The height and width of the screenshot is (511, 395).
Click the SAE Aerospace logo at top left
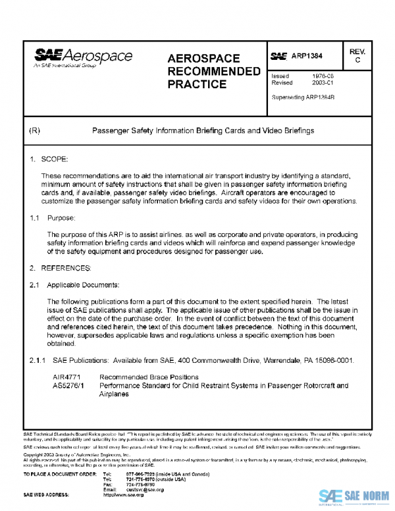coord(83,59)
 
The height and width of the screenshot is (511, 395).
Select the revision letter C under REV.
coord(357,61)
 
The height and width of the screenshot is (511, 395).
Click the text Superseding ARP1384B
coord(303,97)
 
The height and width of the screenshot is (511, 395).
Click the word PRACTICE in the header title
coord(197,84)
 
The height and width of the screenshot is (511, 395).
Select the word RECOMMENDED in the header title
coord(214,71)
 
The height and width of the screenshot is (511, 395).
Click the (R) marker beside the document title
coord(36,130)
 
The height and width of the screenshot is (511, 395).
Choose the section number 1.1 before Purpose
coord(34,217)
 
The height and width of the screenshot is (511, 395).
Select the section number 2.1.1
coord(37,361)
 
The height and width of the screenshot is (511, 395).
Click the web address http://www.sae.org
coord(123,495)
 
